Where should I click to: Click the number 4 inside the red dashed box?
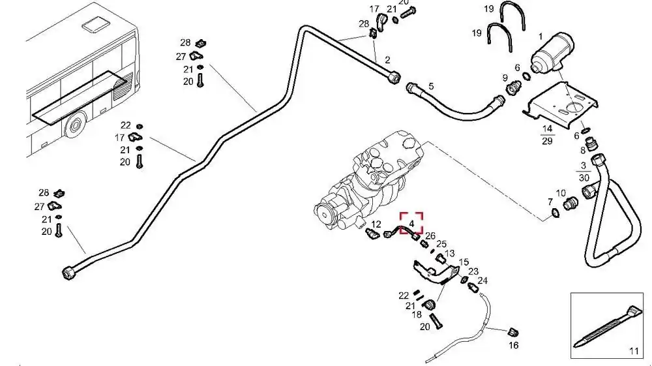point(411,224)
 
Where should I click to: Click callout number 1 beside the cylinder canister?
point(541,37)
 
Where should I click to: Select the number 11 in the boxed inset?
point(634,351)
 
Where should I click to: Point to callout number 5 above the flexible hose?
point(431,86)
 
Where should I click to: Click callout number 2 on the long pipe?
point(387,60)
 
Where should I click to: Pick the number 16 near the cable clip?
point(514,345)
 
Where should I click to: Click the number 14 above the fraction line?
point(547,129)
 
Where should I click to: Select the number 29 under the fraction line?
point(547,141)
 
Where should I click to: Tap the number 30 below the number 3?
point(584,177)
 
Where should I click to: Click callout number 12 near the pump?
point(376,224)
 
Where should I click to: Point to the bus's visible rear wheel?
point(75,125)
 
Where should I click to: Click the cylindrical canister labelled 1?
point(553,53)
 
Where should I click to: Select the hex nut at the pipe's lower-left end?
point(67,273)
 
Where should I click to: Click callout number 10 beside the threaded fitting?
point(561,193)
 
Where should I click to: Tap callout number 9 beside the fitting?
point(505,78)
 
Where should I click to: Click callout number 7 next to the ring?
point(550,202)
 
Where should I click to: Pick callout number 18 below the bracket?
point(417,315)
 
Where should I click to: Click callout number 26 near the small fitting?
point(430,236)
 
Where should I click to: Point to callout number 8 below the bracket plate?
point(583,150)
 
